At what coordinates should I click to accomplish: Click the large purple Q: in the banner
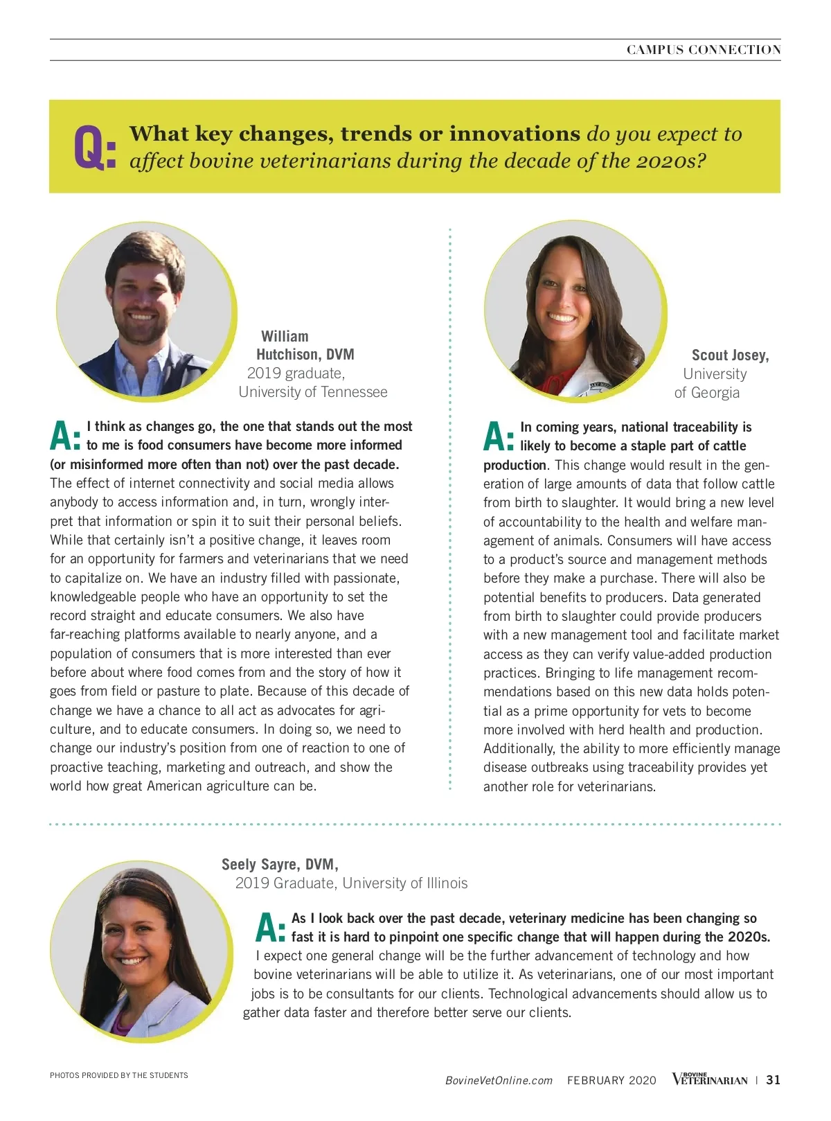tap(95, 148)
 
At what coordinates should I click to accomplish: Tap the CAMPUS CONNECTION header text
tap(704, 50)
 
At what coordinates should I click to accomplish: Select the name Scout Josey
tap(730, 355)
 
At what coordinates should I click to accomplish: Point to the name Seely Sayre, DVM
tap(280, 865)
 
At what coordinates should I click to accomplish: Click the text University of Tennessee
tap(313, 392)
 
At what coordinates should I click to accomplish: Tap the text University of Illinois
tap(405, 883)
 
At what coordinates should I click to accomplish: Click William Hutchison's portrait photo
tap(145, 311)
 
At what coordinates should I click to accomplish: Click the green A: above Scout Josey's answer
tap(499, 437)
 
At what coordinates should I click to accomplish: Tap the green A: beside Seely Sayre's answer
tap(271, 928)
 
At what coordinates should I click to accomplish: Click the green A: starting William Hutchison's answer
tap(66, 436)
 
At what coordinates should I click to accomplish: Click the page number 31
tap(774, 1080)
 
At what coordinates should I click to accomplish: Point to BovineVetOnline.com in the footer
tap(499, 1081)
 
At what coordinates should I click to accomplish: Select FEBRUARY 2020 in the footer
tap(611, 1081)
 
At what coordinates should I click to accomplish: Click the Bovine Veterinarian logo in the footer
tap(709, 1079)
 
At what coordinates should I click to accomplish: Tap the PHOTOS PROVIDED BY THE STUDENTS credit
tap(119, 1075)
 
